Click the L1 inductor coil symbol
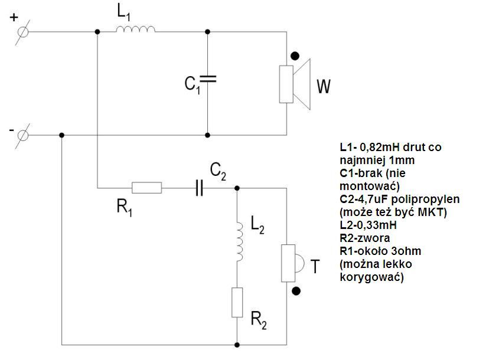tap(136, 29)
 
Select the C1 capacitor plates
tap(207, 79)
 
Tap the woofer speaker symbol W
tap(295, 84)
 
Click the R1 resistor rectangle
tap(146, 188)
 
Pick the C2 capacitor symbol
tap(199, 188)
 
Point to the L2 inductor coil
tap(239, 242)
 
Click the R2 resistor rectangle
tap(237, 302)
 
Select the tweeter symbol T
tap(292, 263)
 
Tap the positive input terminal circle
tap(22, 32)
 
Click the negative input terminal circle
tap(22, 136)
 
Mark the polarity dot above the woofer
tap(295, 56)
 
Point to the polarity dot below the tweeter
tap(296, 291)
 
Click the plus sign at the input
tap(14, 17)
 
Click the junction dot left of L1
tap(97, 32)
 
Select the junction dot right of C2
tap(237, 188)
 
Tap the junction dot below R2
tap(237, 345)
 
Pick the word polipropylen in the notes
tap(426, 199)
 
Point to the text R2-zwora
tap(365, 238)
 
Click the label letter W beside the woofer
tap(324, 86)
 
